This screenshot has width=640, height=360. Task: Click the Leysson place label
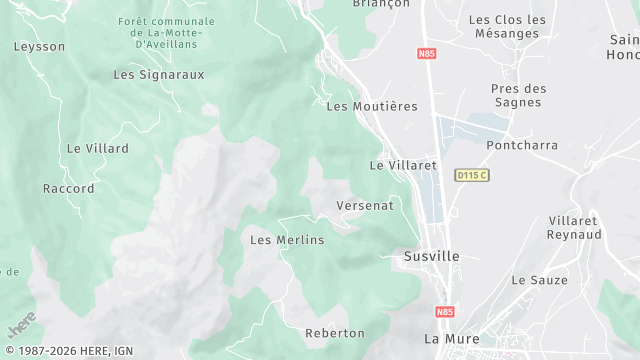tap(39, 46)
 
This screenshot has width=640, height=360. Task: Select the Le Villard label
tap(98, 148)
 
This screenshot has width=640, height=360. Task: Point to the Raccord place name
tap(69, 188)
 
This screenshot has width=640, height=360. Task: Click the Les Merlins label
tap(287, 240)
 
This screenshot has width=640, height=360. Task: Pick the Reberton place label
tap(335, 332)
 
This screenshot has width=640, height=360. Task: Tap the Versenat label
tap(365, 205)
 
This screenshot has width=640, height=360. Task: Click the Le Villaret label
tap(404, 165)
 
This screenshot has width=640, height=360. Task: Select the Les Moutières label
tap(372, 106)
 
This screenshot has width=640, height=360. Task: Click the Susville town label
tap(432, 256)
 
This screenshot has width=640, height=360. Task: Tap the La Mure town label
tap(447, 338)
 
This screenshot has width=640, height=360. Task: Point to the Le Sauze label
tap(540, 280)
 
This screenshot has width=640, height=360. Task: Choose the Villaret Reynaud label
tap(575, 227)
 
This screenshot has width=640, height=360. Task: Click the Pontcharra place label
tap(522, 145)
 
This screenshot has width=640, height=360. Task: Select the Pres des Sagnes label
tap(519, 96)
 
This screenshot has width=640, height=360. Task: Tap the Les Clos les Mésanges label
tap(507, 26)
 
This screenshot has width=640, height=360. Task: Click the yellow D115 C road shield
tap(471, 175)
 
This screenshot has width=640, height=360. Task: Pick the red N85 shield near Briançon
tap(428, 53)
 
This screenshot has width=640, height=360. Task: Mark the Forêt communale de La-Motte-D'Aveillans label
tap(166, 33)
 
